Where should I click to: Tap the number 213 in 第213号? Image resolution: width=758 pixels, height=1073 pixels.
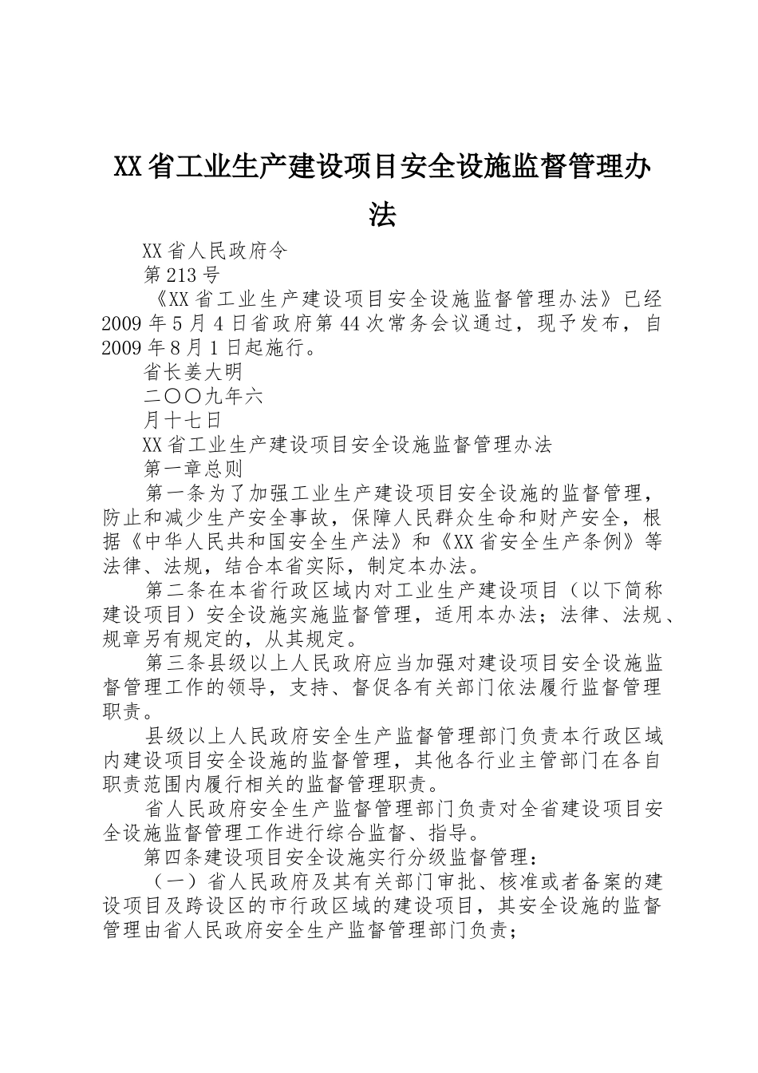pyautogui.click(x=183, y=276)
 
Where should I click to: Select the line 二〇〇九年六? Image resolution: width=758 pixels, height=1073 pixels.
pyautogui.click(x=203, y=396)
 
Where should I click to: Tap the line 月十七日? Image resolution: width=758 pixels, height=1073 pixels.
pyautogui.click(x=181, y=420)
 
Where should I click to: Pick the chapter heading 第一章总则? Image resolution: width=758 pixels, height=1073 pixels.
pyautogui.click(x=192, y=468)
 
